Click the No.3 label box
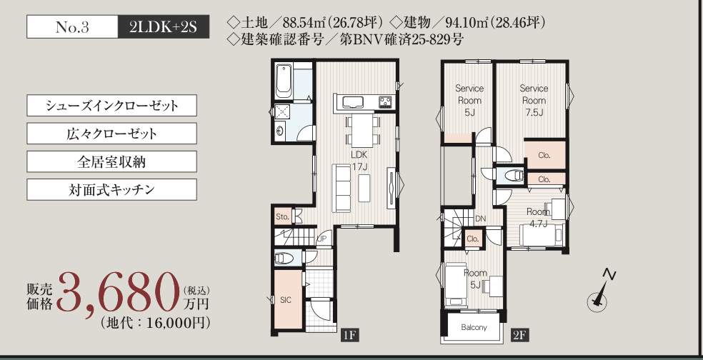point(73,27)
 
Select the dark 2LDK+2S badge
point(164,27)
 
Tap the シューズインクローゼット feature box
point(111,105)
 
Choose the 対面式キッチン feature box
point(111,189)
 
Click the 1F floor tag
point(349,335)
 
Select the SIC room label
point(286,300)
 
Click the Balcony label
point(474,327)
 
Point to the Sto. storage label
point(281,217)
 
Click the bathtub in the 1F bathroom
point(284,81)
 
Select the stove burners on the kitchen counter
point(386,102)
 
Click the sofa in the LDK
point(341,189)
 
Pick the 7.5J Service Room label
point(534,101)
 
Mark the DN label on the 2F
point(480,219)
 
